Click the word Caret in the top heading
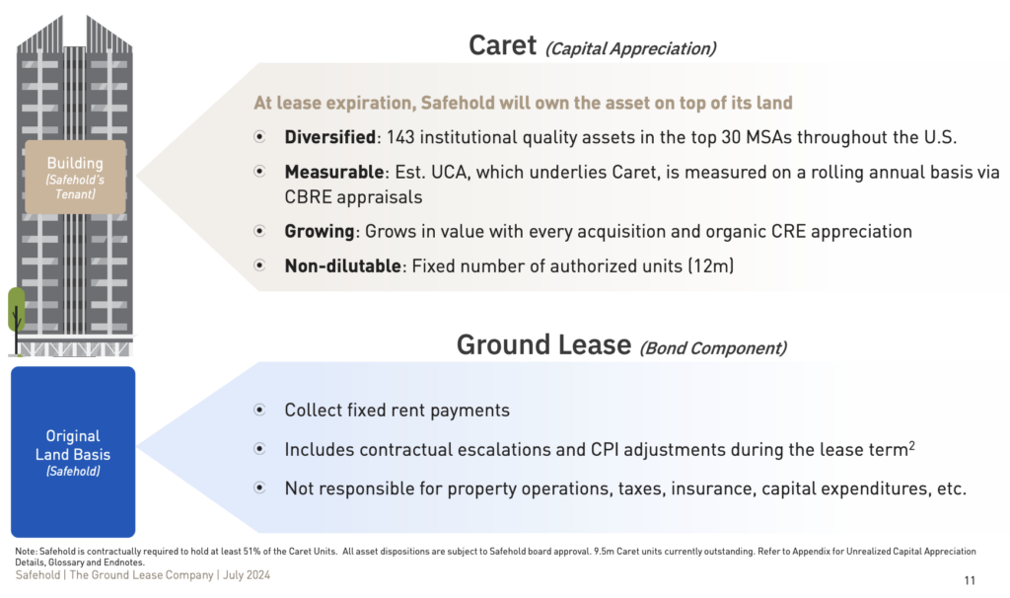point(502,45)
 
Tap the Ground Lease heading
point(543,344)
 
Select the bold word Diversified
point(329,137)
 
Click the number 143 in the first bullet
point(400,137)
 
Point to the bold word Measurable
point(334,172)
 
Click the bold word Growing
point(320,231)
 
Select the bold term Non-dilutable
point(342,265)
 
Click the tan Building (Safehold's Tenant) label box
point(75,178)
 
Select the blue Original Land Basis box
point(73,452)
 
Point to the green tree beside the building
point(16,320)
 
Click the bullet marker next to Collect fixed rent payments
point(259,410)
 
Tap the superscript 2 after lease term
point(911,445)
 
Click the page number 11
point(970,580)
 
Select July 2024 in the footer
point(246,574)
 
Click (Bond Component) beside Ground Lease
point(713,348)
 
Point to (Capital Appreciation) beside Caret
point(630,49)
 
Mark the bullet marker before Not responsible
point(259,487)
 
